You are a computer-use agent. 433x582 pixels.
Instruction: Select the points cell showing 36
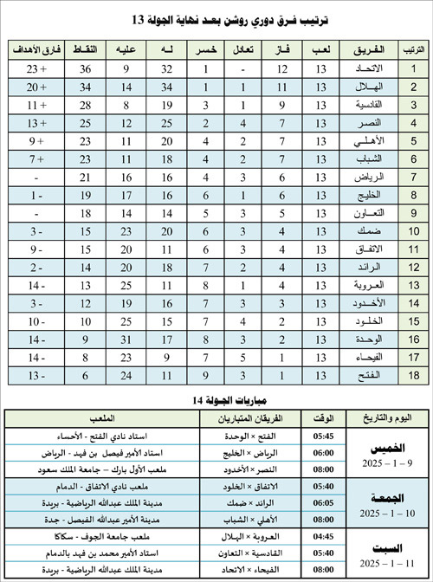[87, 68]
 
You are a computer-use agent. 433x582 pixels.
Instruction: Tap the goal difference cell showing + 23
[37, 68]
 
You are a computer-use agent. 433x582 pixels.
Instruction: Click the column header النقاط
[87, 48]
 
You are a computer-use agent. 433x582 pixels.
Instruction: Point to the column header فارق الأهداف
[37, 48]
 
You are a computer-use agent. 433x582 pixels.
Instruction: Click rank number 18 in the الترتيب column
[413, 375]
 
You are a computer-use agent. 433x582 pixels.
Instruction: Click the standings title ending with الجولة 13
[216, 18]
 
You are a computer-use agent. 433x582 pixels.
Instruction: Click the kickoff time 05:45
[325, 436]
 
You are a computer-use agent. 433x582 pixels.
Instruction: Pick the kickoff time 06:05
[325, 502]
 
